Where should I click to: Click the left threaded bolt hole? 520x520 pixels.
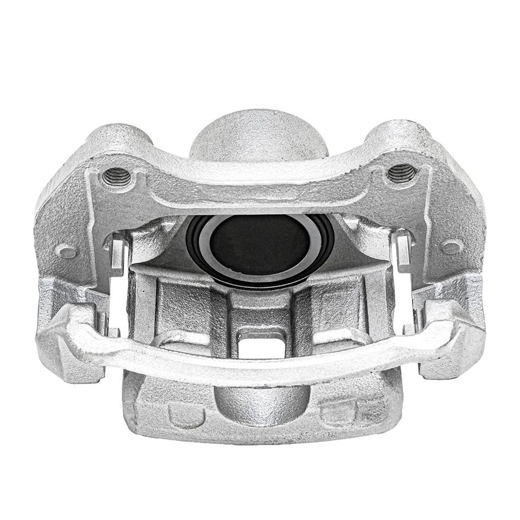117,176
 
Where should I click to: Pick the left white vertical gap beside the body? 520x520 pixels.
116,301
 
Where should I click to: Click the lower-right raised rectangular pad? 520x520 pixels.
339,414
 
